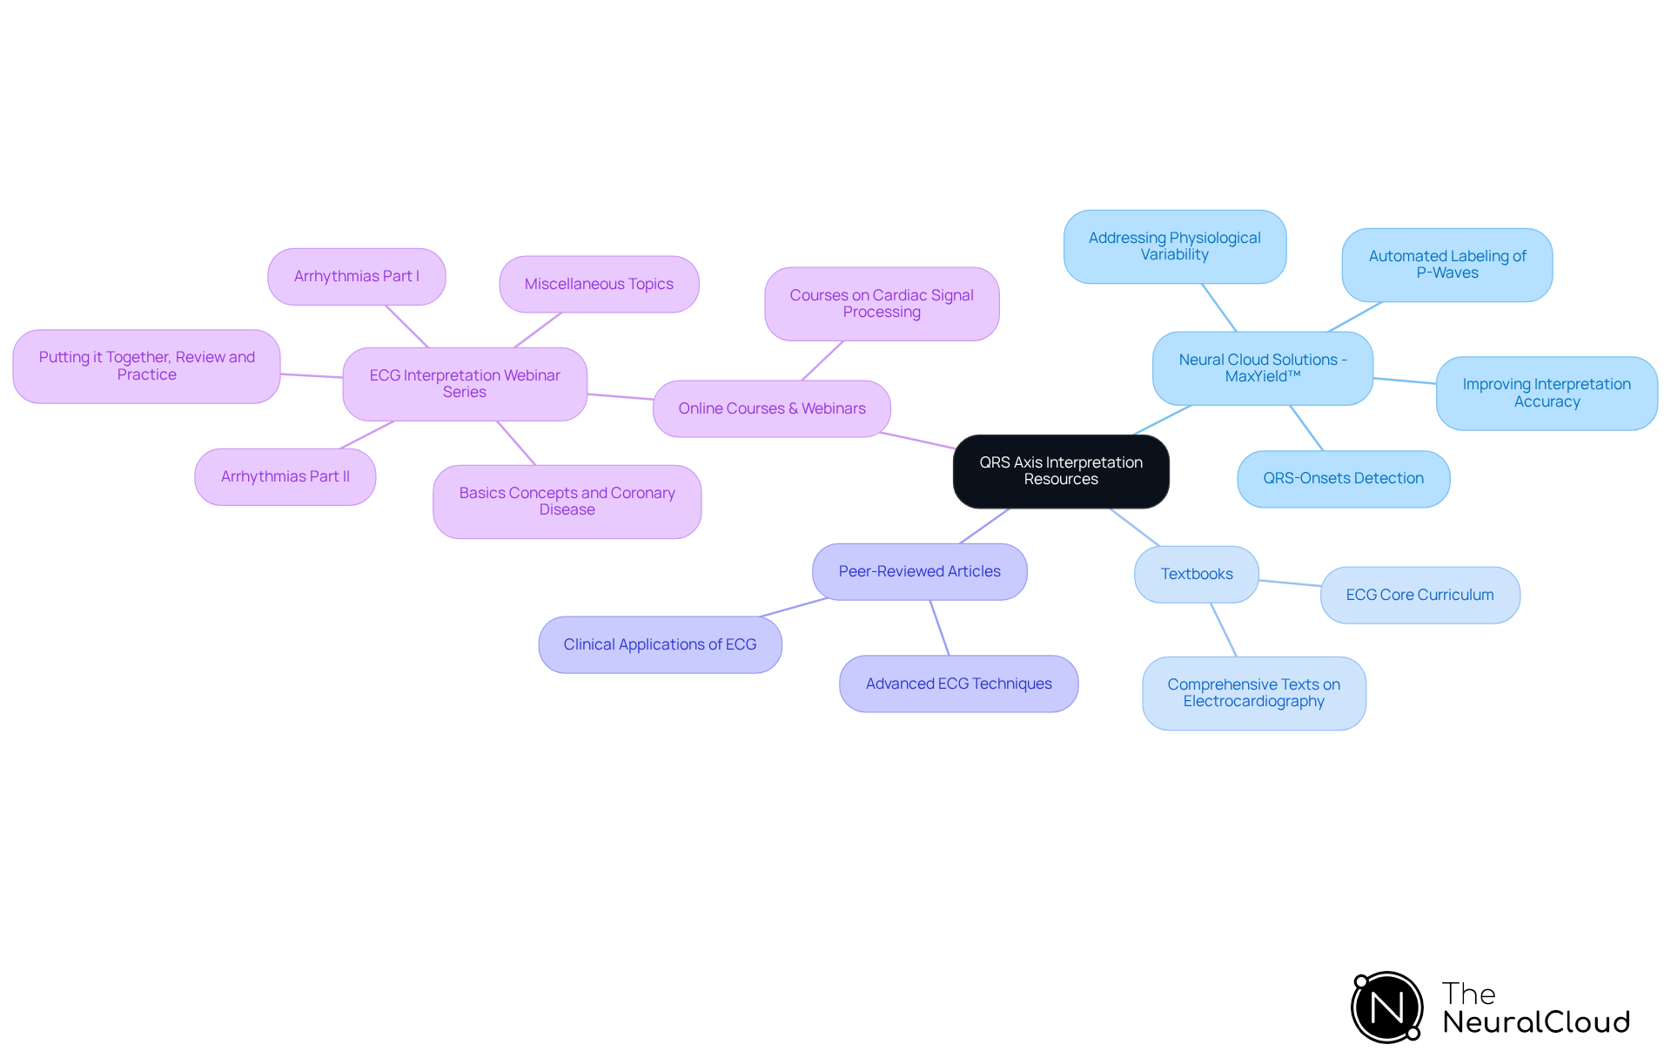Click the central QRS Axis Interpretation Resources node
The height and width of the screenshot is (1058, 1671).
(1060, 471)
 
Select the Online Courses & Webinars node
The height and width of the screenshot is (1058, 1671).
(771, 408)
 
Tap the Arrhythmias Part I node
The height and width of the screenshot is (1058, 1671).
(356, 277)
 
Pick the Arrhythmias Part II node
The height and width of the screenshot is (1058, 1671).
(285, 477)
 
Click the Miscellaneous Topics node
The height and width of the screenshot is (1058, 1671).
(599, 284)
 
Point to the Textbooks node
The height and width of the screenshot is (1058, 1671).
(1196, 574)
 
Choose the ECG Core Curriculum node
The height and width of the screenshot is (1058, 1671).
(1419, 595)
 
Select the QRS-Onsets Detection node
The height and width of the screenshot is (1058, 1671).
(1343, 478)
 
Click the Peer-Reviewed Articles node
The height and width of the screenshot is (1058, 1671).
(919, 571)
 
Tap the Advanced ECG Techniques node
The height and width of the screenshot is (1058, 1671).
(958, 684)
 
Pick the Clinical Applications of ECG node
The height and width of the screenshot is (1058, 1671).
(660, 644)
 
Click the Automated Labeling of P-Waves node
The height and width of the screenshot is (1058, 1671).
(1446, 265)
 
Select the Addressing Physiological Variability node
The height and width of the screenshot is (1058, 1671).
(1174, 246)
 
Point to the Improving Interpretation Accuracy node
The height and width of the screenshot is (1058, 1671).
(1546, 393)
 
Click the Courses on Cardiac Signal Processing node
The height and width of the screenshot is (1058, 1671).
(881, 304)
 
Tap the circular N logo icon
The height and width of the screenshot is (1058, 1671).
(1386, 1007)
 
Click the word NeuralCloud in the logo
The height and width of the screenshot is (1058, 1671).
(1535, 1022)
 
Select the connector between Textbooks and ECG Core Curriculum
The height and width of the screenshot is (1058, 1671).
(1290, 583)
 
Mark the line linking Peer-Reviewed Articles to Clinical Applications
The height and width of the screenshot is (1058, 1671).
(794, 607)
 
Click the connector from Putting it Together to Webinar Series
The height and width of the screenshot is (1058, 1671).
(312, 375)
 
